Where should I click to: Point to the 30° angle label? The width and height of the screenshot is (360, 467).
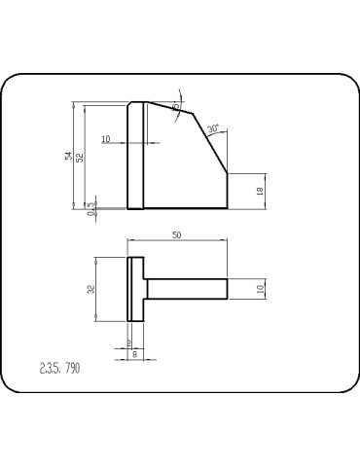[213, 127]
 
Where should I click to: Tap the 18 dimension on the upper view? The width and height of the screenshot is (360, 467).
[260, 191]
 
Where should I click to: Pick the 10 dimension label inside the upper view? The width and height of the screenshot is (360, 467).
[105, 138]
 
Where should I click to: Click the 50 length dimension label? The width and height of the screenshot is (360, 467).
[176, 235]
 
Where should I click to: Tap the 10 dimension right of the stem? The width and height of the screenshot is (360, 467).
[260, 289]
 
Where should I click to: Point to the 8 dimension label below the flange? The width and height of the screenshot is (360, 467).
[134, 354]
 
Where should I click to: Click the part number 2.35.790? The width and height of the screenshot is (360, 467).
[59, 368]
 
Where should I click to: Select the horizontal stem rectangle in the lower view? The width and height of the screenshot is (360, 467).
[186, 289]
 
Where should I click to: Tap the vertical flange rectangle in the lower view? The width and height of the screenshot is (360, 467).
[136, 289]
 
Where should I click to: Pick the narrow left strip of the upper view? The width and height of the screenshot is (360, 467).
[136, 156]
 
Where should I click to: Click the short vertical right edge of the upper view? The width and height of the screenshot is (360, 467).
[228, 191]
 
